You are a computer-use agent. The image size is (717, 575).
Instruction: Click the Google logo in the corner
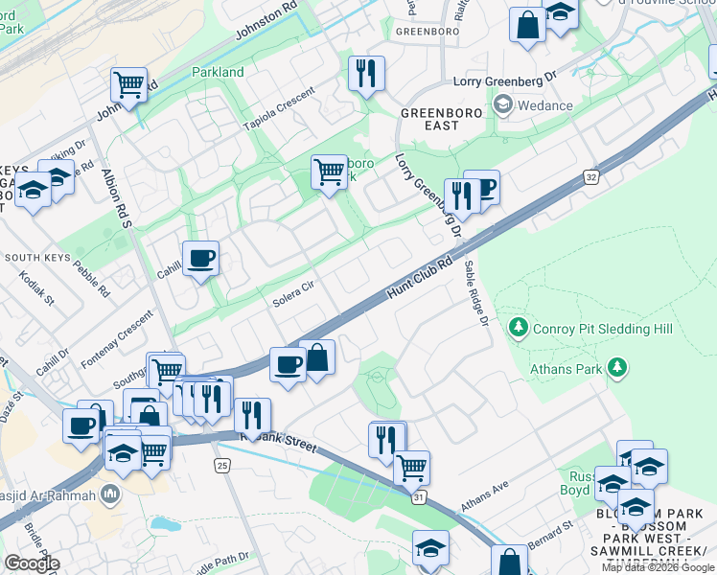(32, 563)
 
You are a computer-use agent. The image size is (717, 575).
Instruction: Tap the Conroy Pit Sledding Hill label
(604, 329)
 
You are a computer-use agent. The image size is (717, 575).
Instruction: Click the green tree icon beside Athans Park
(618, 366)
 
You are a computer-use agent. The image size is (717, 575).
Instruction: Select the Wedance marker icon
(504, 105)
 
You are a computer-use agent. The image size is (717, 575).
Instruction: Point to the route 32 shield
(591, 177)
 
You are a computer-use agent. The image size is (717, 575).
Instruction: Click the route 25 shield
(221, 465)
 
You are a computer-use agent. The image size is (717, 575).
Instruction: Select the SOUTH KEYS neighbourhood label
(35, 258)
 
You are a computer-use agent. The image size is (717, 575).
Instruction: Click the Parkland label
(218, 72)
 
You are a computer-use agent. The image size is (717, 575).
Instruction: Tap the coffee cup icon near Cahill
(200, 259)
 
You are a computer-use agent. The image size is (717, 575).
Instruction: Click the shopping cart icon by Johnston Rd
(128, 83)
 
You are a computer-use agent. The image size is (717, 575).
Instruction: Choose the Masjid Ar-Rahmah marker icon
(111, 494)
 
